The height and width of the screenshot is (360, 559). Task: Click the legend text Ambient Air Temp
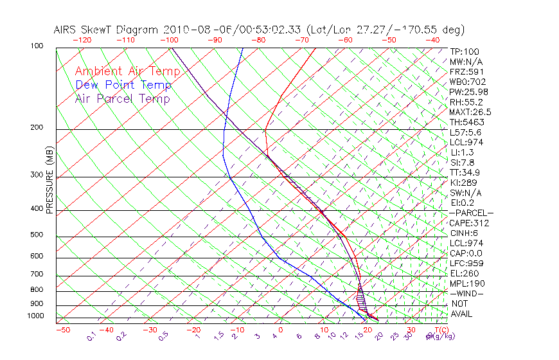(127, 71)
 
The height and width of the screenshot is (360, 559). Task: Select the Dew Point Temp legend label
(123, 85)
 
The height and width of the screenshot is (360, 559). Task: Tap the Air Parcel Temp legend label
(123, 98)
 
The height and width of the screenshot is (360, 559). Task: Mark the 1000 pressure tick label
(37, 316)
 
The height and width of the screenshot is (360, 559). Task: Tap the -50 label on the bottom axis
(62, 330)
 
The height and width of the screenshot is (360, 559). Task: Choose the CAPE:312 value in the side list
(469, 223)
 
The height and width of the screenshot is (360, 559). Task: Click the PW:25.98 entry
(468, 92)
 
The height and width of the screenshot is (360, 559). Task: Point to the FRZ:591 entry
(466, 72)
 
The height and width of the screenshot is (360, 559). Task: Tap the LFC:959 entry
(466, 264)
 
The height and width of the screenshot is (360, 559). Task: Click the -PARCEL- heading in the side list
(471, 213)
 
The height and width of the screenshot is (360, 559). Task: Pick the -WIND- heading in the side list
(467, 294)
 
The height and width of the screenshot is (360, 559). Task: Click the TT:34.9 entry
(465, 172)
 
